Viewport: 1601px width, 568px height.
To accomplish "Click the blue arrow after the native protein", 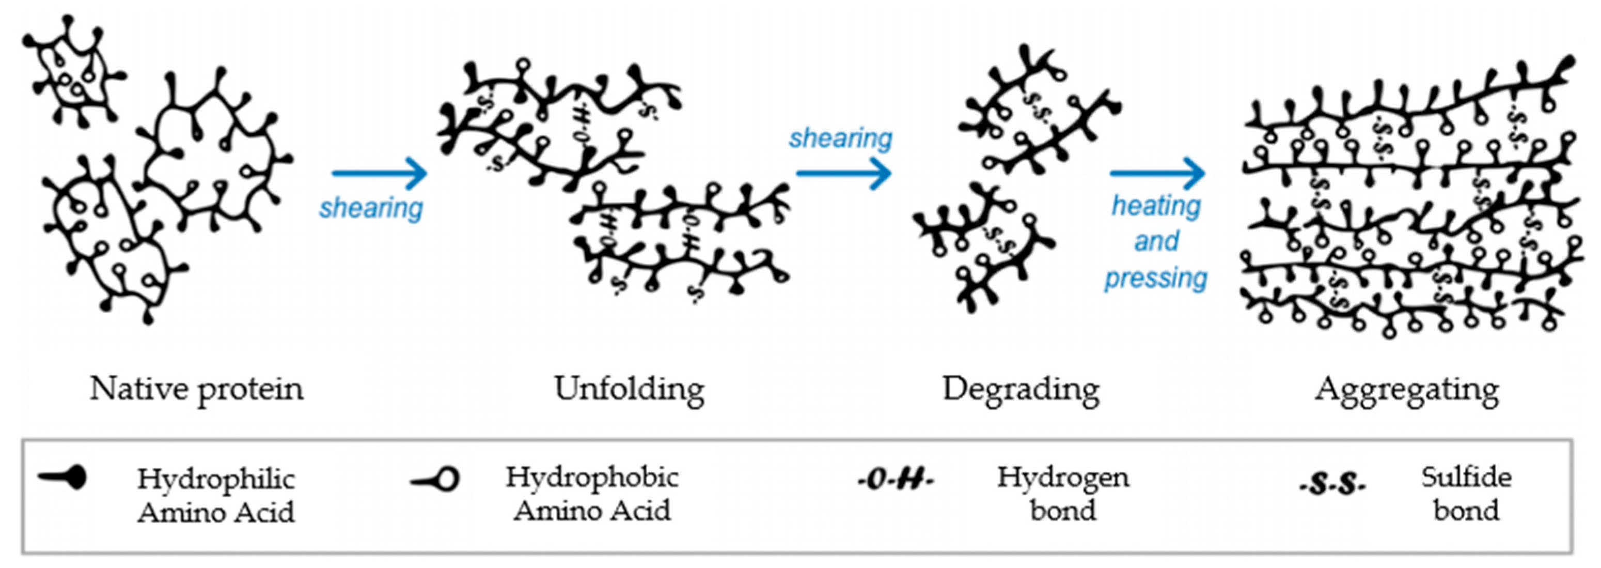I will [x=379, y=173].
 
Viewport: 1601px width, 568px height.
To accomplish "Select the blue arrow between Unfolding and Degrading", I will [x=843, y=173].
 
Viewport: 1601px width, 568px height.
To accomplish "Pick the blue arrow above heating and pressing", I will [x=1157, y=173].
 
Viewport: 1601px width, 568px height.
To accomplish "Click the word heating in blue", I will [x=1156, y=206].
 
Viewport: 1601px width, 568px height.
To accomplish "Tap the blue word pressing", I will [x=1155, y=278].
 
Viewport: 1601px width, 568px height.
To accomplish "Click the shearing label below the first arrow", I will [x=371, y=208].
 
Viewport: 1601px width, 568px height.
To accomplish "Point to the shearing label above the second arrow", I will [x=840, y=138].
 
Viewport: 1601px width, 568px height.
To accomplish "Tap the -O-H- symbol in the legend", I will [x=896, y=480].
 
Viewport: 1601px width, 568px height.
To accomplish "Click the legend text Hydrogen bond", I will [x=1063, y=494].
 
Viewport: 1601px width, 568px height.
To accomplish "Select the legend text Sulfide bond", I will [x=1466, y=494].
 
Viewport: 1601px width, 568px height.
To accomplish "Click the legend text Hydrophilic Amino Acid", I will [x=216, y=496].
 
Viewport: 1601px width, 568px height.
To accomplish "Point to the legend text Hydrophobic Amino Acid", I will [x=592, y=495].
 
